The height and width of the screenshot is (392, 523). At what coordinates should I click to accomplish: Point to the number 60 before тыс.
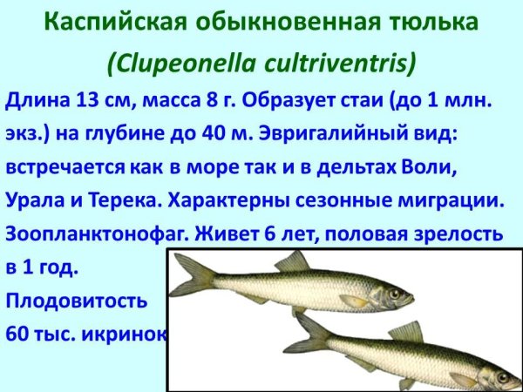pos(17,335)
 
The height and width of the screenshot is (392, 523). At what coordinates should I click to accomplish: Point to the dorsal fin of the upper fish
pos(293,261)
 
